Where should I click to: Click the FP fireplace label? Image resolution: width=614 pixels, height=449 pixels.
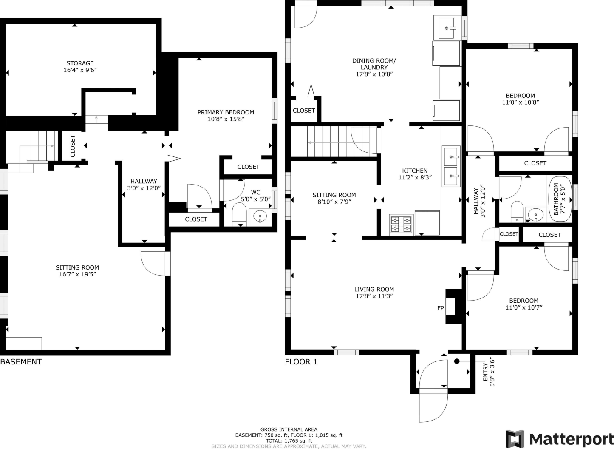coord(441,308)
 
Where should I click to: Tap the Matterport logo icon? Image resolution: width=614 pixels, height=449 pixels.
coord(515,439)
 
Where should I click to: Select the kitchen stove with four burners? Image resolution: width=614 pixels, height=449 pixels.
coord(401,224)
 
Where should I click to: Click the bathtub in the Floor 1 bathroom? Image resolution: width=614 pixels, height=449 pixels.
coord(560,199)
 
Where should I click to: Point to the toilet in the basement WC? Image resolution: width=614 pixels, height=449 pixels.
coord(239,214)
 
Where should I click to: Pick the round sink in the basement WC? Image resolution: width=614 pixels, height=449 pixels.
coord(260,217)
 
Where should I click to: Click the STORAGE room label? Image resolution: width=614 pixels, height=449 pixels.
coord(80,63)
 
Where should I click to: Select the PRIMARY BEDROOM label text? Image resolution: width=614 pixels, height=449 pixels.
coord(226,112)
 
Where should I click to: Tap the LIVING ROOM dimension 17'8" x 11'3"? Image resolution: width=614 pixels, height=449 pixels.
coord(374,296)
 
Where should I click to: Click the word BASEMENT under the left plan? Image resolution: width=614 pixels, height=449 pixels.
coord(21,362)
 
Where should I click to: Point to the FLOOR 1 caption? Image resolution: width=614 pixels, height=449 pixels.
coord(301,362)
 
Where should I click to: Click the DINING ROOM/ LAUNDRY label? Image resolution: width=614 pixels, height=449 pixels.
coord(374,64)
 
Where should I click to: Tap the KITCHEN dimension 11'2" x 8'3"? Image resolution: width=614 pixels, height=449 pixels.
coord(415,177)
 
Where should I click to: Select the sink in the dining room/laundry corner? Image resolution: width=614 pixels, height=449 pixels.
coord(447,28)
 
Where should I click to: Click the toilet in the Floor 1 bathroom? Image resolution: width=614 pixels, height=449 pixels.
coord(517,211)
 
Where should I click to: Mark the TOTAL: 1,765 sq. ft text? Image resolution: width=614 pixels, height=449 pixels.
coord(289,441)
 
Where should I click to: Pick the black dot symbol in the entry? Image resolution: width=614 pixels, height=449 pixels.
coord(457,361)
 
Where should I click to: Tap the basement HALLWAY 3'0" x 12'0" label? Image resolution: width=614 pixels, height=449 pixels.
coord(144,185)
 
